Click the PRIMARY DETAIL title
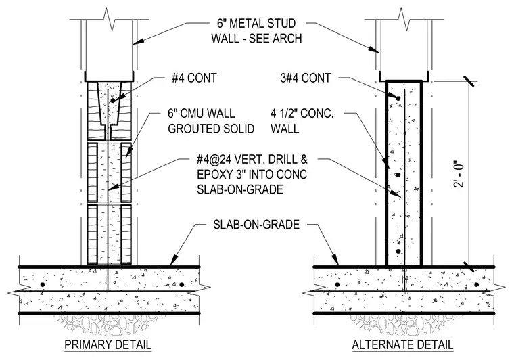click(108, 344)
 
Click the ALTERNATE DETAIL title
click(402, 344)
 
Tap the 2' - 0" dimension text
click(460, 174)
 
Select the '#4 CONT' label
click(194, 78)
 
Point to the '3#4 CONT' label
click(306, 78)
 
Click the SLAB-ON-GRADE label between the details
click(256, 225)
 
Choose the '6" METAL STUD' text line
click(256, 23)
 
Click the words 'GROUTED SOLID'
click(211, 129)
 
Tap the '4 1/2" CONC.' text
click(302, 114)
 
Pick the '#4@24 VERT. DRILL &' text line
click(252, 159)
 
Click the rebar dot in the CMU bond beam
click(113, 100)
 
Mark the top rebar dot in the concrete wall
click(398, 98)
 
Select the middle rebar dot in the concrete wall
click(398, 175)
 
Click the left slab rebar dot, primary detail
click(42, 284)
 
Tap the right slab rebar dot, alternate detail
click(476, 284)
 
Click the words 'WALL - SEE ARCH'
click(256, 39)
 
